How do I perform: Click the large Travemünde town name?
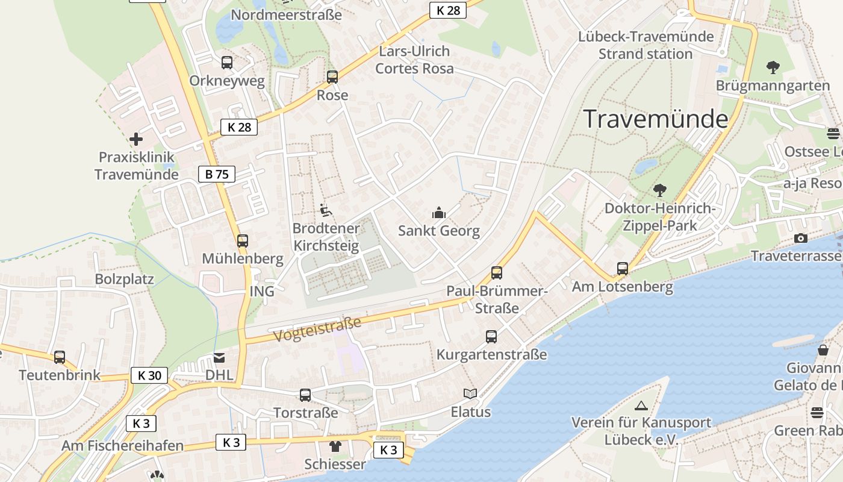[x=656, y=119]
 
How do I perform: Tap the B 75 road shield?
[x=217, y=175]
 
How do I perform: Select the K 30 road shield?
[x=149, y=375]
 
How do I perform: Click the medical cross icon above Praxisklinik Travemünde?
[x=136, y=139]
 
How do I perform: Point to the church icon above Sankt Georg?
[x=439, y=213]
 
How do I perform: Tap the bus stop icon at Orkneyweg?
[x=227, y=63]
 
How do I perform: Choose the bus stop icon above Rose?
[x=332, y=77]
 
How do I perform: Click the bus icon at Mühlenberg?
[x=242, y=241]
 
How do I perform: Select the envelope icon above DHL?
[x=219, y=357]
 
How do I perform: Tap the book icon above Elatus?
[x=470, y=394]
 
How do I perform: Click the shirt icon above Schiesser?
[x=335, y=446]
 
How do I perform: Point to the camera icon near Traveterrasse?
[x=801, y=239]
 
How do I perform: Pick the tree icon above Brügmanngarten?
[x=773, y=67]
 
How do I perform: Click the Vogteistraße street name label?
[x=317, y=329]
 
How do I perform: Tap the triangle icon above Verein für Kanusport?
[x=641, y=405]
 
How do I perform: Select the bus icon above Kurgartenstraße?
[x=491, y=336]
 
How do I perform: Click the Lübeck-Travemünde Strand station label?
[x=645, y=45]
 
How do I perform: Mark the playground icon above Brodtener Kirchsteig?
[x=326, y=210]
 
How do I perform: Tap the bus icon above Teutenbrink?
[x=59, y=357]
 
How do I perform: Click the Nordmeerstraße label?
[x=286, y=15]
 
